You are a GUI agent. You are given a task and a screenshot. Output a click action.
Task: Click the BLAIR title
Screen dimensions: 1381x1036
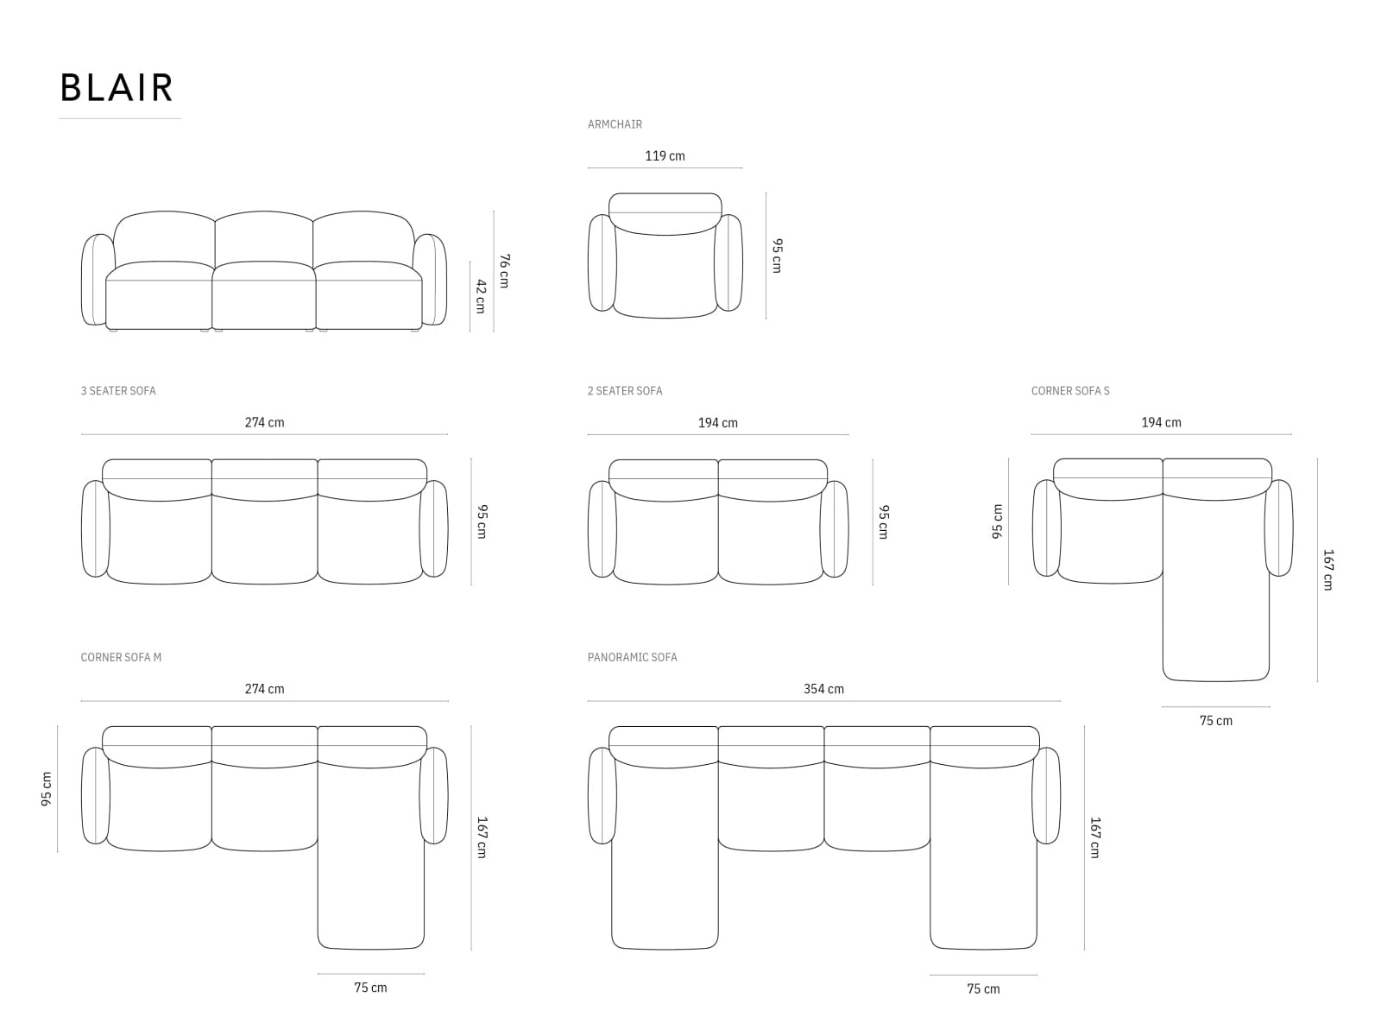[117, 87]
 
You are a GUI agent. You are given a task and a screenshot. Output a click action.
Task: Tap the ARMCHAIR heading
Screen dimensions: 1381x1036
[615, 124]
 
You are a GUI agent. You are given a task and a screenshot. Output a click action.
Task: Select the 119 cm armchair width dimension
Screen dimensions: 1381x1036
[665, 156]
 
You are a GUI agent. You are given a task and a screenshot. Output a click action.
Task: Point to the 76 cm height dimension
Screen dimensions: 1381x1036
[504, 271]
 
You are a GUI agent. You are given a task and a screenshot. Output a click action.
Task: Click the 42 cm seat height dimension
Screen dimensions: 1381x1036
[481, 296]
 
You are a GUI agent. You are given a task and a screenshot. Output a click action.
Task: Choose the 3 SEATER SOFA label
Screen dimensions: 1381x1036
[118, 390]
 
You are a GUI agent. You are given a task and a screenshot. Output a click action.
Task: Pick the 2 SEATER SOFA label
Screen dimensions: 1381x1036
[625, 390]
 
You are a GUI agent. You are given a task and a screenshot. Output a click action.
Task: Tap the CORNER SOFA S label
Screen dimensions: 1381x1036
[1070, 390]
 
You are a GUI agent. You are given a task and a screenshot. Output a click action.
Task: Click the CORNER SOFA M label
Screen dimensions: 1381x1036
[121, 657]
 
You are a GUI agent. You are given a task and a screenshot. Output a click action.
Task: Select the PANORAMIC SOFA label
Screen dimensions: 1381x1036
[633, 657]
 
